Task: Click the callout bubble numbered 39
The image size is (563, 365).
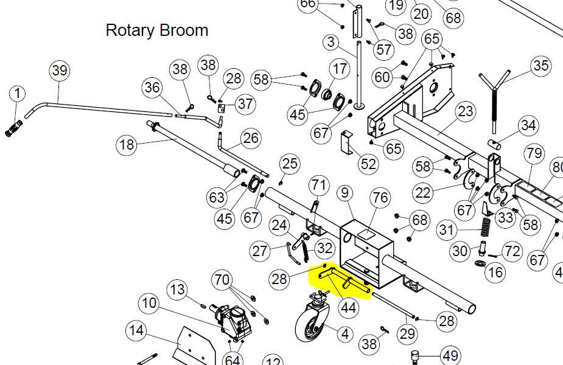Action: point(60,71)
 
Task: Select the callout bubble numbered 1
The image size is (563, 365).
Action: point(17,94)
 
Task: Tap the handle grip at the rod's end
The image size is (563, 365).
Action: point(14,129)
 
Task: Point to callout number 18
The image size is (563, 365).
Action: point(127,145)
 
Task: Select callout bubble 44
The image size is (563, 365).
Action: point(348,308)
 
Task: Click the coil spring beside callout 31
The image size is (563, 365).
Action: point(486,227)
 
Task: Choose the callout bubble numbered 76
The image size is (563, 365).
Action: point(380,198)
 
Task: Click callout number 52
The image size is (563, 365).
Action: point(368,164)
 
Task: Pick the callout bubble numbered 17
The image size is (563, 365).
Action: point(340,69)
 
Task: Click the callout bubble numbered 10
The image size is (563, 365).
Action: point(149,304)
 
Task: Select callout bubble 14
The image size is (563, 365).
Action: point(136,330)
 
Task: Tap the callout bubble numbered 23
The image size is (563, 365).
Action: point(466,111)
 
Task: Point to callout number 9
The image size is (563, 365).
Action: point(345,193)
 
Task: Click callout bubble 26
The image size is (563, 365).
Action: point(251,138)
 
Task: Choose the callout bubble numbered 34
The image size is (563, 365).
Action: point(528,125)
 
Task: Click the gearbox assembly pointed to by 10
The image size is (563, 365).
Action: point(232,321)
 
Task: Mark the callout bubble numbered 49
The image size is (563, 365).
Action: point(450,356)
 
